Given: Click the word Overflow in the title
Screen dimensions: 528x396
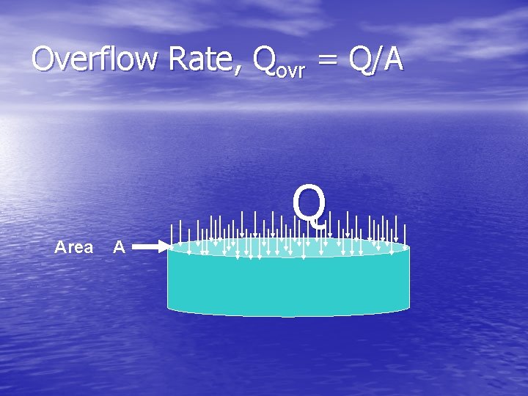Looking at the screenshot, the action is point(95,59).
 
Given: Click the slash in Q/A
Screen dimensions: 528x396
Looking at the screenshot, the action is point(378,59).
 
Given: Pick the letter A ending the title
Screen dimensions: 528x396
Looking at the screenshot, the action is point(394,59).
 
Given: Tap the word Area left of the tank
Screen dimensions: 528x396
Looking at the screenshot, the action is point(74,247).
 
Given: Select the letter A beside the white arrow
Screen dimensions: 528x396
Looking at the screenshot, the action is point(120,247).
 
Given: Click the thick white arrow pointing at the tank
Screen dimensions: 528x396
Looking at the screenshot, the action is point(151,247).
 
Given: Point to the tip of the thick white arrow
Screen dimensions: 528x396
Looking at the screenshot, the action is point(168,247).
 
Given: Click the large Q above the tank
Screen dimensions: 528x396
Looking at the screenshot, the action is point(309,205).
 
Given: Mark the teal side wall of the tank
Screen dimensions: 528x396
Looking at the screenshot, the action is point(288,286).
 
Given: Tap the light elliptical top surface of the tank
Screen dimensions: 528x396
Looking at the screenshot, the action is point(288,248).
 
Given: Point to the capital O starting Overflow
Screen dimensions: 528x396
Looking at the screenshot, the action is point(45,59).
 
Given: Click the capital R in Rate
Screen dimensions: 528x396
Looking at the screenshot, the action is point(179,59).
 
